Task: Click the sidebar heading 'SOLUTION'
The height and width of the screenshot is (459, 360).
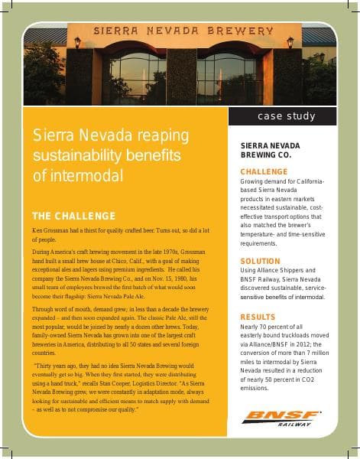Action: point(261,261)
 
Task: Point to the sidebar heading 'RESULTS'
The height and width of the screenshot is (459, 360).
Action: point(258,316)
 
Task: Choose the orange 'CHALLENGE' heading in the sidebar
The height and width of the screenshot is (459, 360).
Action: point(264,171)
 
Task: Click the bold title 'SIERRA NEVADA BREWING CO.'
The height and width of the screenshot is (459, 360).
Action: point(270,149)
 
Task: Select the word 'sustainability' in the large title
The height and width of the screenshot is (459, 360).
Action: point(70,155)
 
